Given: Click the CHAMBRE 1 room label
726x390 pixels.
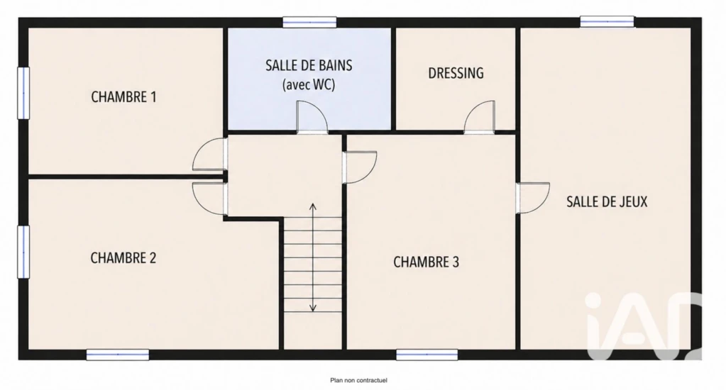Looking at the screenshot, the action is [123, 97].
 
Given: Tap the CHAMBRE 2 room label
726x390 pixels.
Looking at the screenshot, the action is [123, 257].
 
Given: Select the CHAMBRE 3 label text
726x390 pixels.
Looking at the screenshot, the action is [426, 262].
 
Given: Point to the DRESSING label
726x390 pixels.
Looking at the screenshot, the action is [456, 73].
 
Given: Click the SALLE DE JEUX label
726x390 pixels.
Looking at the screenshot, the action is [607, 201].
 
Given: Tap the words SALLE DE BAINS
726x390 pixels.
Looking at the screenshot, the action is [309, 66].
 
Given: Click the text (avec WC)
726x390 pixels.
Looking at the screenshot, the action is [309, 84].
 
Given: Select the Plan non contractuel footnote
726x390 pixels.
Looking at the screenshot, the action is [358, 380].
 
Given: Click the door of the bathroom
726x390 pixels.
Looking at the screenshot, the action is [312, 118].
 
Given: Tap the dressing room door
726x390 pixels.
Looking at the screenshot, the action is [479, 117].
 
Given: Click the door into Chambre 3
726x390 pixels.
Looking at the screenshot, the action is [360, 167].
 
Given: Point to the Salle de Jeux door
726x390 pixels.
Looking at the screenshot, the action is [533, 198].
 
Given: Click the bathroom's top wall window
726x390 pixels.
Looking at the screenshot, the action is [309, 22].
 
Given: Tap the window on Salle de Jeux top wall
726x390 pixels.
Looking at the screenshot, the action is [607, 22].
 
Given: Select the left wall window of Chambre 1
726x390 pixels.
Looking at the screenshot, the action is [23, 93].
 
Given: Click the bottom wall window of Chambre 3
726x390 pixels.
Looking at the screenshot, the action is [427, 355].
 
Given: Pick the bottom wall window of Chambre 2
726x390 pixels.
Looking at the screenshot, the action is [118, 355].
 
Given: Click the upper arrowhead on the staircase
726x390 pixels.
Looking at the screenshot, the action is [313, 206].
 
